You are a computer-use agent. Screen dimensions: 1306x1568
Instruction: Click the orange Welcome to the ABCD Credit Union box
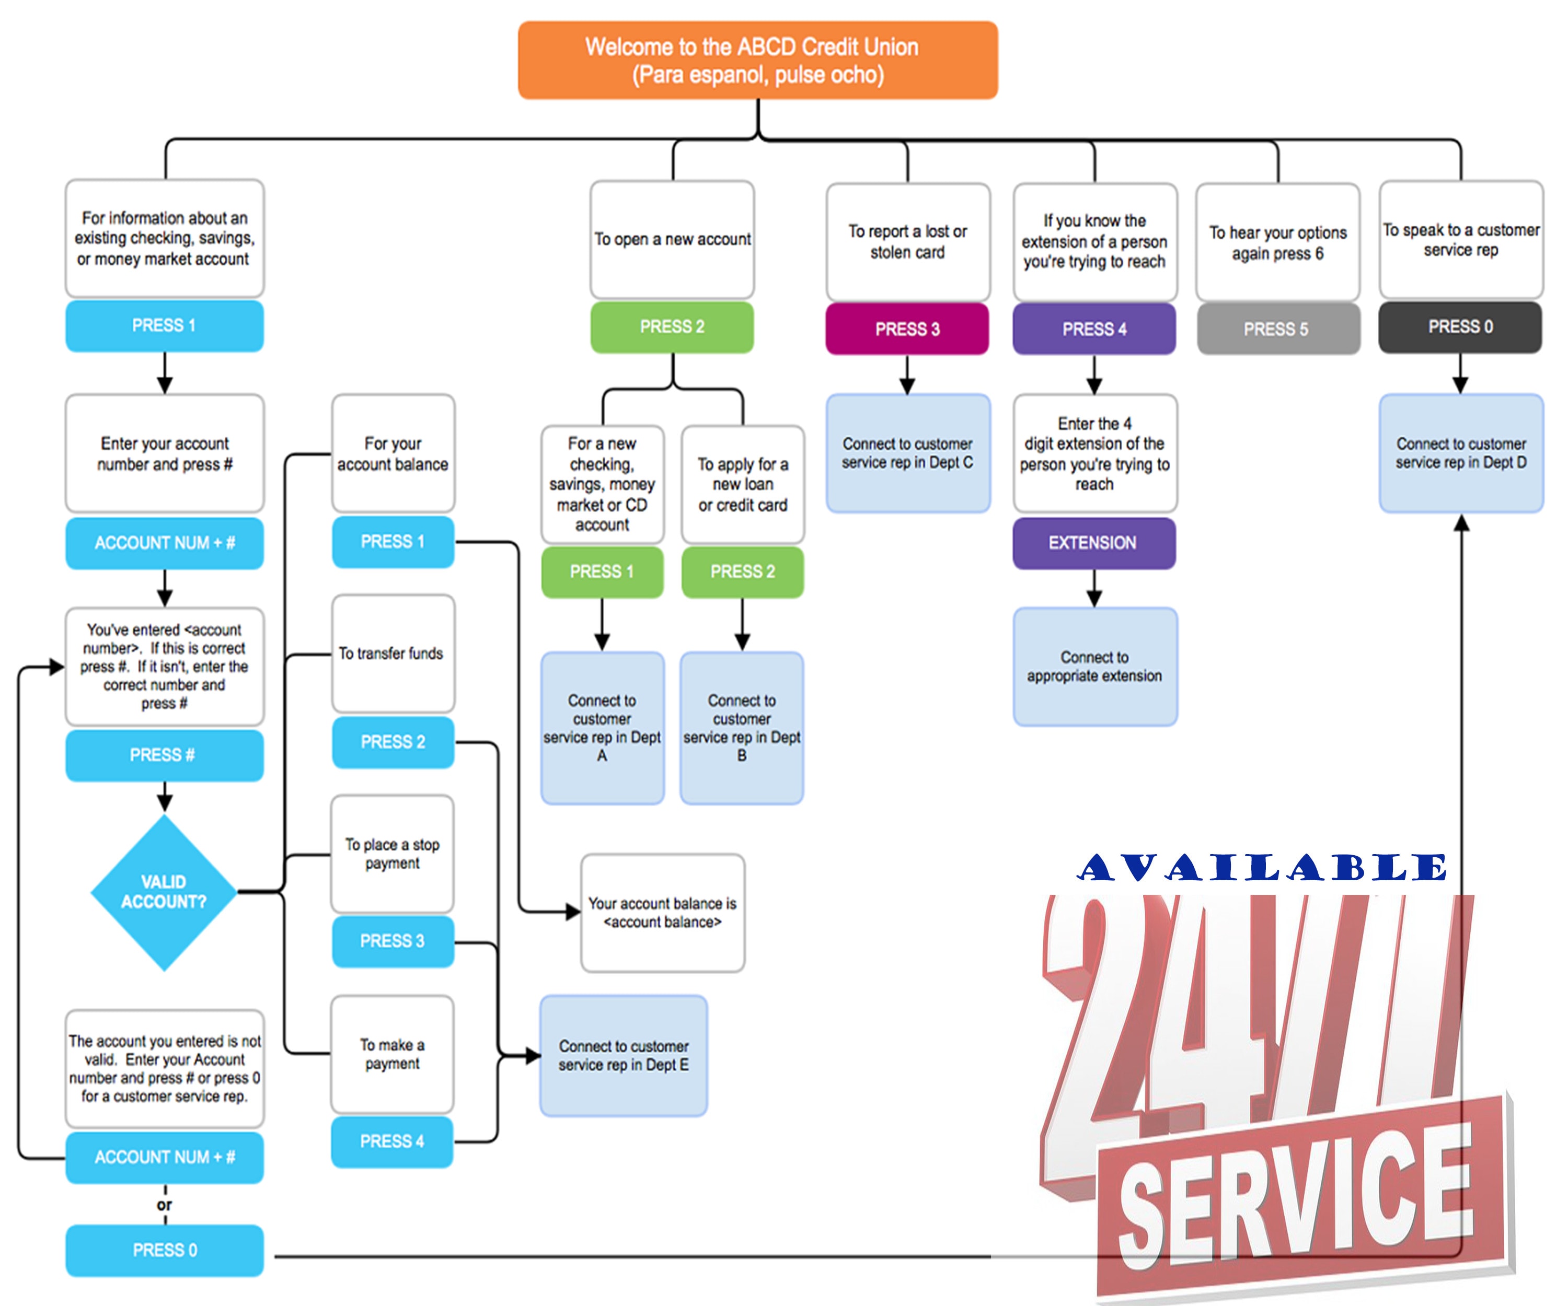pos(757,61)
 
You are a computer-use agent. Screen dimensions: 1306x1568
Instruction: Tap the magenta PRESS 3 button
pos(907,329)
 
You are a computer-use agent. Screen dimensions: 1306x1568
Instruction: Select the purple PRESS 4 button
pos(1094,329)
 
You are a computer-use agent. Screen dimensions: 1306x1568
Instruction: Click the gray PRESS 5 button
pos(1277,329)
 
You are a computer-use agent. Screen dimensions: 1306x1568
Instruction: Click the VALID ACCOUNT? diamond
pos(164,892)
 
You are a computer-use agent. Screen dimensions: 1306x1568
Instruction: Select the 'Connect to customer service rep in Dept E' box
pos(624,1055)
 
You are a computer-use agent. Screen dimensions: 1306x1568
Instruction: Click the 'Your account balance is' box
pos(662,913)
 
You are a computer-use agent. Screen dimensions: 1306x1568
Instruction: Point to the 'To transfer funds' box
pos(393,654)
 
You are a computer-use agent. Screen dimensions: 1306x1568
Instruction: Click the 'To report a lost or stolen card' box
pos(907,242)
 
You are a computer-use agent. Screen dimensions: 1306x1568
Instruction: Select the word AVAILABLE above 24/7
pos(1262,868)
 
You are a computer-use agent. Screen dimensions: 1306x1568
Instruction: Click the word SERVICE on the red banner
pos(1296,1194)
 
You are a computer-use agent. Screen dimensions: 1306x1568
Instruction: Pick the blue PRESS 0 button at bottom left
pos(164,1250)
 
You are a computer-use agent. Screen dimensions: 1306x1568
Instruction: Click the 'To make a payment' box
pos(393,1054)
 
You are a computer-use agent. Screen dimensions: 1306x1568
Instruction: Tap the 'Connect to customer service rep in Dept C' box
pos(907,453)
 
